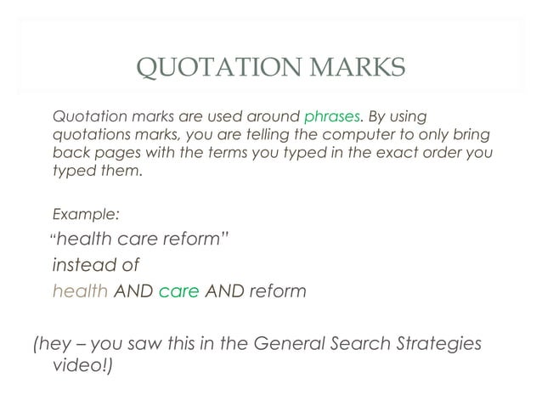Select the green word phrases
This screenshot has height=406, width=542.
click(x=332, y=116)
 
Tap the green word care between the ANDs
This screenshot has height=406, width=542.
click(x=178, y=291)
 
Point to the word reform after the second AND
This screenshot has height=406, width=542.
click(x=277, y=291)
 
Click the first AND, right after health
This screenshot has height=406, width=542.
click(x=133, y=291)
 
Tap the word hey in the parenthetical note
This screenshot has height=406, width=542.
click(x=54, y=345)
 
